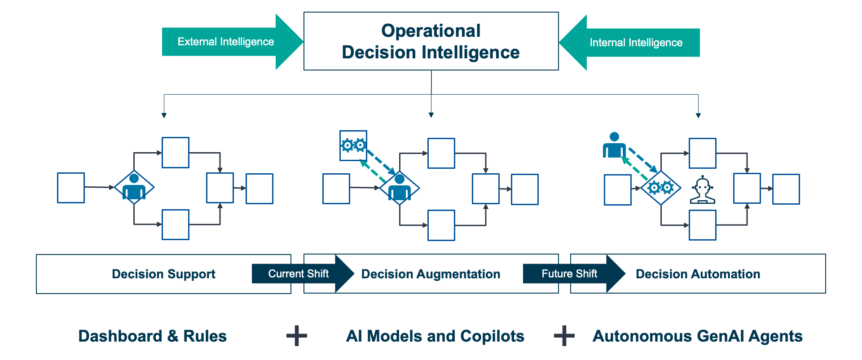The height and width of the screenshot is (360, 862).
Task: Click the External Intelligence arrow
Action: coord(226,42)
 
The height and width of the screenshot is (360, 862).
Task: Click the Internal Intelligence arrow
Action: coord(636,43)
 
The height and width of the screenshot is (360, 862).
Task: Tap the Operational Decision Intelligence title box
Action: coord(431,41)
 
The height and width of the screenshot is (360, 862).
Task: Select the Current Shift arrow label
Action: coord(298,274)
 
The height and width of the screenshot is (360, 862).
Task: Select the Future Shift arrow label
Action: coord(569,274)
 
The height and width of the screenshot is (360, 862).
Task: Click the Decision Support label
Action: coord(163,274)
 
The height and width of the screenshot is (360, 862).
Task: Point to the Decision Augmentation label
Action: coord(431,274)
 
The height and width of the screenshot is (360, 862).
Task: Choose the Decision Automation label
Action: coord(698,274)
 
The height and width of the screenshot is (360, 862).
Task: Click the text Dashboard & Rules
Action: coord(152,336)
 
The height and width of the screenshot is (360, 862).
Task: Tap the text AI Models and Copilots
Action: coord(435,336)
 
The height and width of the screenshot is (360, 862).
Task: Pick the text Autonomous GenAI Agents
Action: coord(697,336)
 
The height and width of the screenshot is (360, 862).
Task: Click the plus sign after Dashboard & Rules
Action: coord(297,336)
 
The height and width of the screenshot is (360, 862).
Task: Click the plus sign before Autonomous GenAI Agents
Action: coord(564,336)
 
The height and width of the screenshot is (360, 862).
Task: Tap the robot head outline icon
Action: coord(702,190)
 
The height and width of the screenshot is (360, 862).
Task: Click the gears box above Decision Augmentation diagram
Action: coord(353,145)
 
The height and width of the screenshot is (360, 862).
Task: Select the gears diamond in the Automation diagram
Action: coord(660,188)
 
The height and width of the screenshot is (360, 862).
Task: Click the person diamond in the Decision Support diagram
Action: coord(134,188)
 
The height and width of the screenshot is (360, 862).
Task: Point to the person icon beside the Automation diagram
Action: coord(614,145)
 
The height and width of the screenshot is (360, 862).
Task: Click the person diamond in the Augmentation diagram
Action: coord(400,188)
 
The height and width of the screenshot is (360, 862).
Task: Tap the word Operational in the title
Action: coord(431,31)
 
